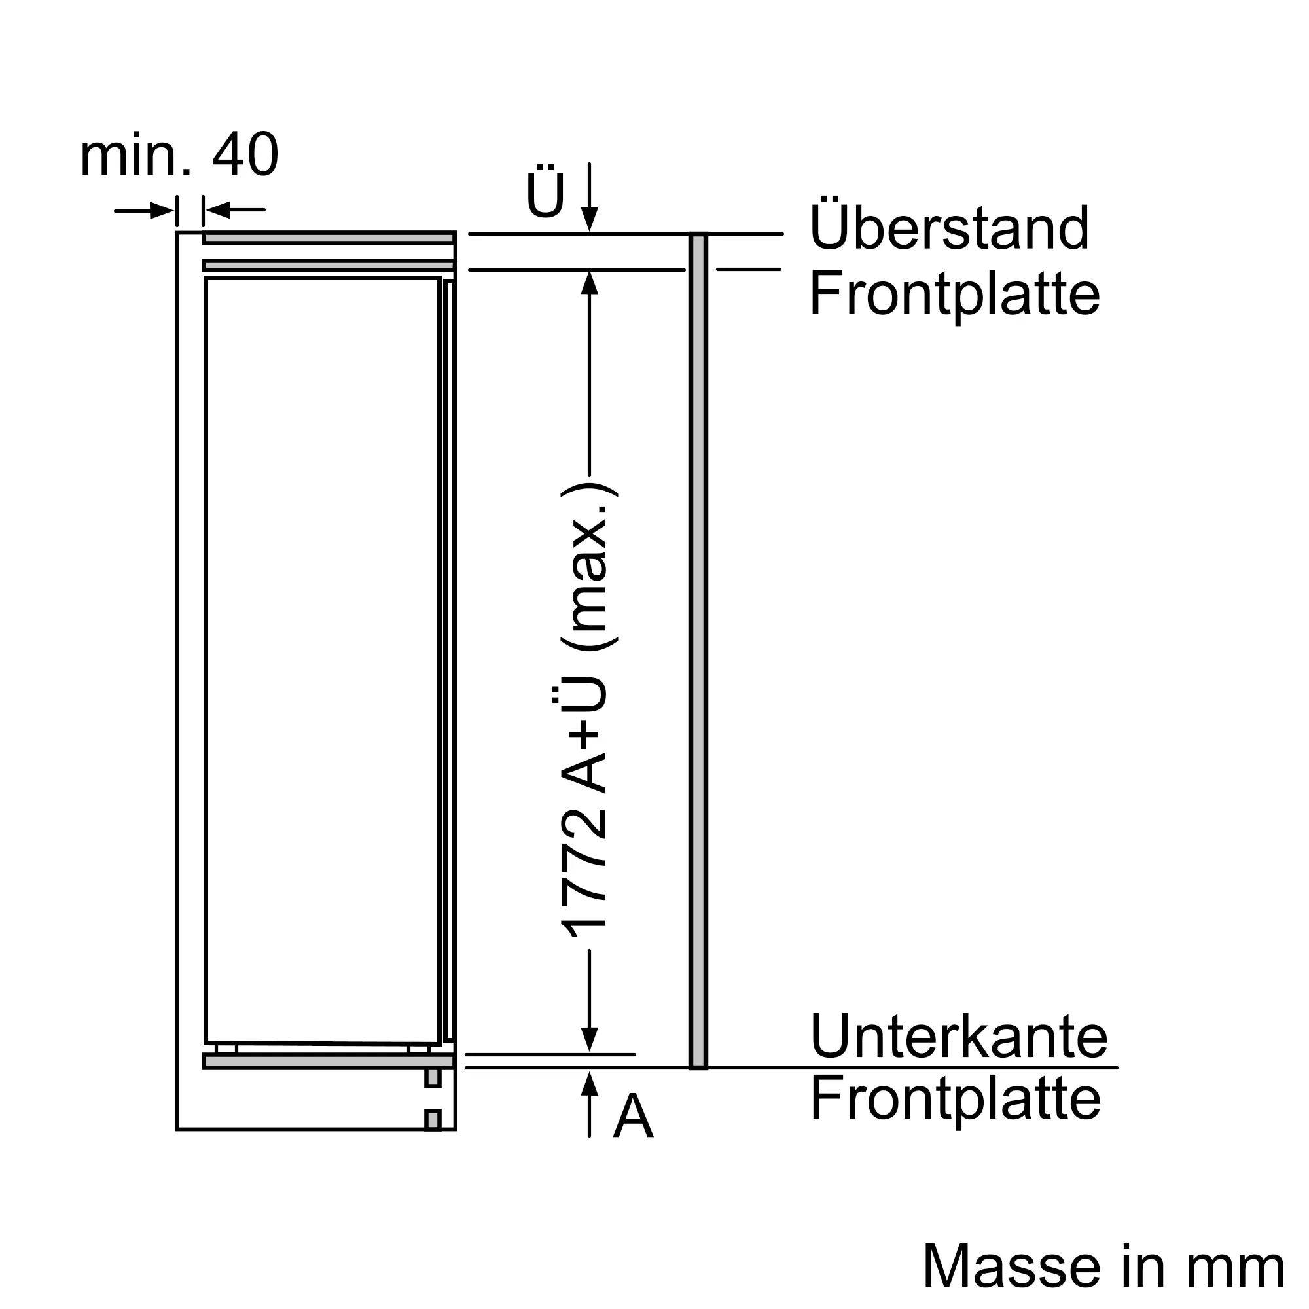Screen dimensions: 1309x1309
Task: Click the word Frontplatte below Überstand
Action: [955, 295]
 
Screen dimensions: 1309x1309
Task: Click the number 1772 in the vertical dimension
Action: [584, 872]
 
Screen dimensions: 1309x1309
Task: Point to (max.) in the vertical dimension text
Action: [590, 567]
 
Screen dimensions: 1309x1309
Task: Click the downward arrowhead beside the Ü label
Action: [590, 219]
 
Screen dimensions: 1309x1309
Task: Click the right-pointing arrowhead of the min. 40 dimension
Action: [162, 211]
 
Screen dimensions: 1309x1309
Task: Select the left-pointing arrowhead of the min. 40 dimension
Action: [217, 211]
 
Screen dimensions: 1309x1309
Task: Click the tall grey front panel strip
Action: [698, 651]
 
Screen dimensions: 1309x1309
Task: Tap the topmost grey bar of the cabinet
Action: [329, 238]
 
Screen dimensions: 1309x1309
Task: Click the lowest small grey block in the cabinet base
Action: [432, 1120]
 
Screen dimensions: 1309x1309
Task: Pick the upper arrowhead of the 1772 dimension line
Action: [590, 283]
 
